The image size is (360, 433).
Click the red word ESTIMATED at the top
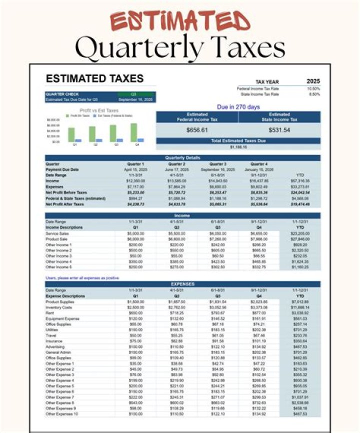click(180, 21)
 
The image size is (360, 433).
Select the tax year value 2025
click(313, 81)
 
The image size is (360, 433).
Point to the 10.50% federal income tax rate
click(313, 88)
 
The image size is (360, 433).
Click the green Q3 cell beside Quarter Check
click(134, 94)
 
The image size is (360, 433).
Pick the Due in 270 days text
click(238, 107)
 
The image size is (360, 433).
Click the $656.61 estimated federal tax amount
click(197, 130)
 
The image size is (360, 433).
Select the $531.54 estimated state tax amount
click(279, 130)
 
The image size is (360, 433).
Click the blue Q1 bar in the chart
click(78, 140)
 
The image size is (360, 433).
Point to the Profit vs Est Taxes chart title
click(99, 110)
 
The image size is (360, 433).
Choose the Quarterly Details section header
click(182, 158)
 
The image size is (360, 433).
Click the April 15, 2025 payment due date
click(135, 169)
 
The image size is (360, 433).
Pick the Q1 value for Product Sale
click(135, 239)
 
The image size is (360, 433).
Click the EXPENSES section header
click(182, 284)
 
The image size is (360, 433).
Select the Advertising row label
click(55, 346)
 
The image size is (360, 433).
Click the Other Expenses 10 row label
click(61, 414)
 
